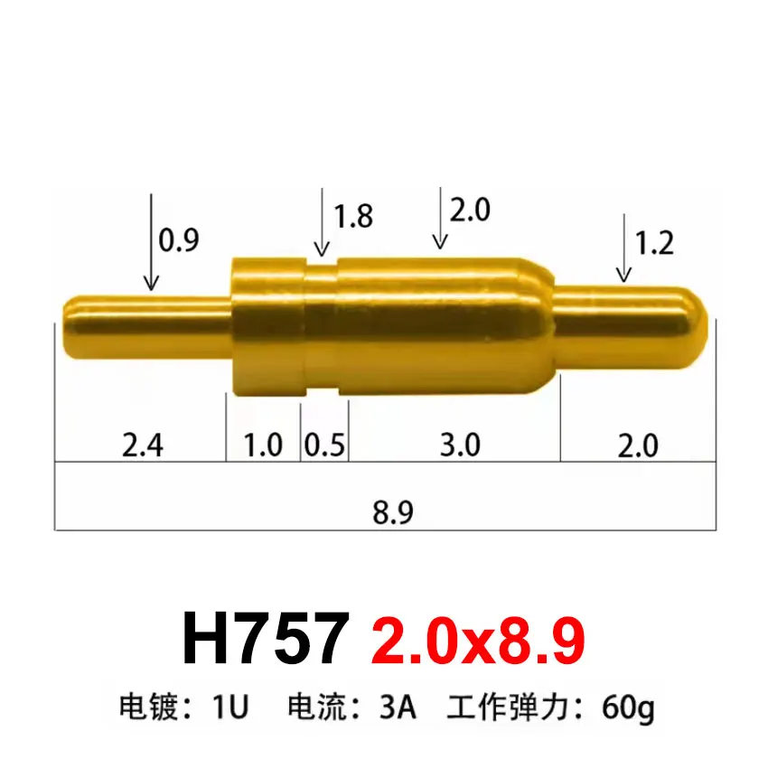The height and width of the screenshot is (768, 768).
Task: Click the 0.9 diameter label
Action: coord(178,239)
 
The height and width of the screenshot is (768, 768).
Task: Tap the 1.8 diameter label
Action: coord(352,217)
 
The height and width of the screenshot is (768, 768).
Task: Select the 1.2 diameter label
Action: coord(654,244)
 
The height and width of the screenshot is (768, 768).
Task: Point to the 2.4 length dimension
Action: coord(142,445)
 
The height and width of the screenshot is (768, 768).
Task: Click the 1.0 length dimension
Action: coord(264,445)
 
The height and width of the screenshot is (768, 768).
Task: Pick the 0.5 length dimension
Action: coord(324,445)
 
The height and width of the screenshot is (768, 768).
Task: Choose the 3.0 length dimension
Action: coord(459,445)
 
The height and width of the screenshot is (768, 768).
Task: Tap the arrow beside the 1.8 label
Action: coord(321,222)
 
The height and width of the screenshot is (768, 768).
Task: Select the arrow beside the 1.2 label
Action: coord(623,248)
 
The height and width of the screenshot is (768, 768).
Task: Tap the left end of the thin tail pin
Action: coord(66,327)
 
